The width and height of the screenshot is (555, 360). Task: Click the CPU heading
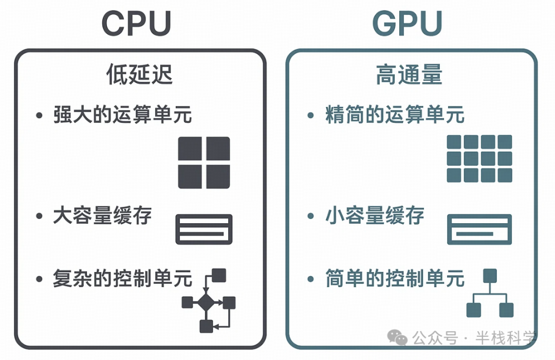point(136,24)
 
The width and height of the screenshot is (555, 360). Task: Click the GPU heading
point(407,24)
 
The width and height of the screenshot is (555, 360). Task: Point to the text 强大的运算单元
point(122,115)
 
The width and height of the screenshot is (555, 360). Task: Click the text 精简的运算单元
point(395,115)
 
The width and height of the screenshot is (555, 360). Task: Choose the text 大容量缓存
point(102,215)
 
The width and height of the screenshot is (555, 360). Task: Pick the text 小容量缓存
point(375,215)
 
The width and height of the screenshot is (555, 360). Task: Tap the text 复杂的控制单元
point(122,279)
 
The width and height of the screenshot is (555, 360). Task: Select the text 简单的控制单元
point(395,279)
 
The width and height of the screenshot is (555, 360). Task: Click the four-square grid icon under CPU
point(204,163)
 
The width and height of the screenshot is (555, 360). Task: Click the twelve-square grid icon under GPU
point(479,158)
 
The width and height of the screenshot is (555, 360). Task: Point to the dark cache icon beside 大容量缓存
point(204,229)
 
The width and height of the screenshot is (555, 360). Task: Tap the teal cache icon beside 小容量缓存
point(479,229)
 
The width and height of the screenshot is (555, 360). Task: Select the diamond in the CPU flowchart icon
point(206,302)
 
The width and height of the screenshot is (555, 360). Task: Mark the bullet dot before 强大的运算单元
point(39,115)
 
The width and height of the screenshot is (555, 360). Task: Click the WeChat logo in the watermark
point(397,337)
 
